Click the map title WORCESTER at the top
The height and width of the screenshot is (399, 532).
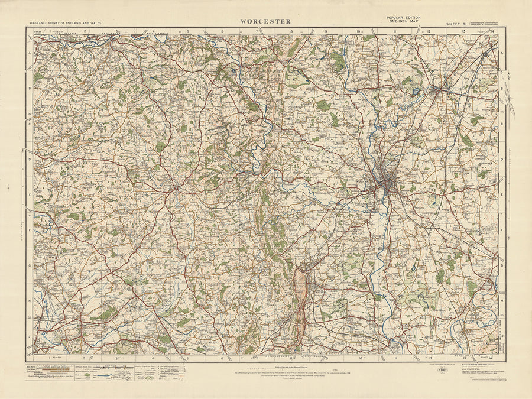[x=265, y=21]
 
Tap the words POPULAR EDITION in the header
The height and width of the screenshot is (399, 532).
[x=404, y=18]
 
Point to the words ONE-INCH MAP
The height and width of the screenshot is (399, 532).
[x=404, y=22]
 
